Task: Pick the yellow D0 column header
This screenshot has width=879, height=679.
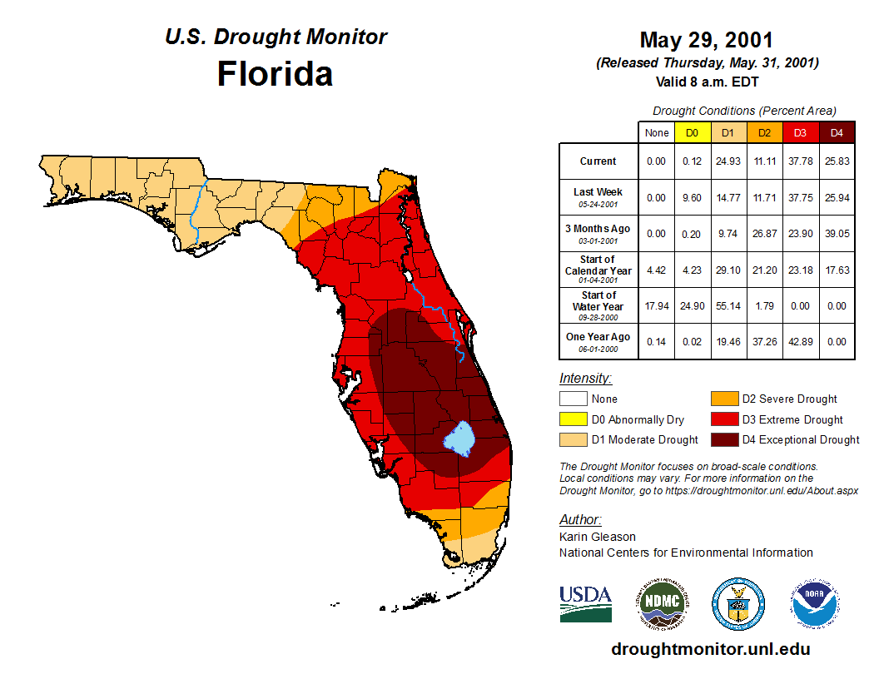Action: (692, 132)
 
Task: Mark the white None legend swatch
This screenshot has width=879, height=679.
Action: (573, 399)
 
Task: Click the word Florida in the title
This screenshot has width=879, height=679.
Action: (275, 74)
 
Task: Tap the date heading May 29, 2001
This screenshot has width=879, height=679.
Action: (706, 40)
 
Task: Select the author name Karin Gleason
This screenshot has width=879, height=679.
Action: (598, 537)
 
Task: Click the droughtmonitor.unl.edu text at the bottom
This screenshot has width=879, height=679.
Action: (710, 649)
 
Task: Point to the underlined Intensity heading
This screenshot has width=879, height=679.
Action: (585, 379)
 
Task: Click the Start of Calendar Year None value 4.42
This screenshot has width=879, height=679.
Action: (656, 270)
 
